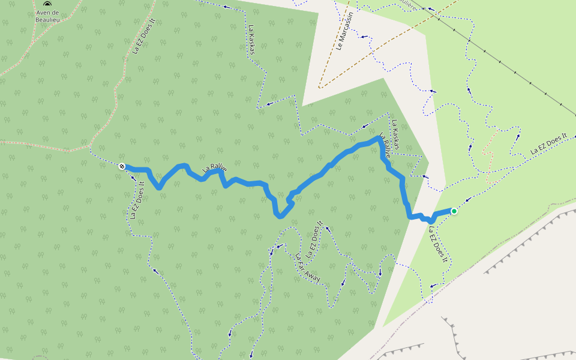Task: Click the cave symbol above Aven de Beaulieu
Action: tap(47, 4)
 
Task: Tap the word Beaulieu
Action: tap(47, 19)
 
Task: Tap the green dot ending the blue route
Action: tap(454, 211)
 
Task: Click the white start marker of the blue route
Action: tap(122, 166)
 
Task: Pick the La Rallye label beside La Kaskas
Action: tap(386, 146)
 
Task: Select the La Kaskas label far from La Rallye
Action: tap(252, 40)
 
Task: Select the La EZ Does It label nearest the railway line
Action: tap(548, 145)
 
